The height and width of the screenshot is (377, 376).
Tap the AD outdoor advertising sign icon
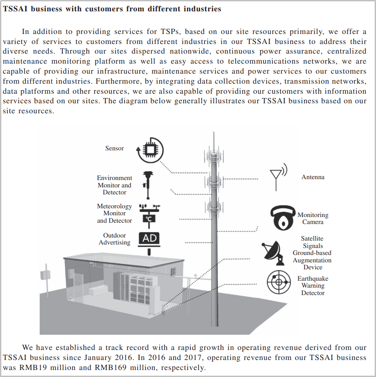pos(149,239)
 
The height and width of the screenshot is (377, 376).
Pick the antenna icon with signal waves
pos(277,177)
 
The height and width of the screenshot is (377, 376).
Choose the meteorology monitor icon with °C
pos(149,214)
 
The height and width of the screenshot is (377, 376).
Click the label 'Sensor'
pos(114,149)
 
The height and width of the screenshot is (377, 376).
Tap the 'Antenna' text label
pos(313,177)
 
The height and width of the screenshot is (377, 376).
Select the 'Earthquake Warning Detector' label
pos(313,286)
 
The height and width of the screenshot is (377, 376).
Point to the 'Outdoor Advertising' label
pos(114,239)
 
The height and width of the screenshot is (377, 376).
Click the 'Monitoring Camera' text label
pos(313,218)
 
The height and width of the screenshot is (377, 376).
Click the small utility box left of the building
pos(45,275)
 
